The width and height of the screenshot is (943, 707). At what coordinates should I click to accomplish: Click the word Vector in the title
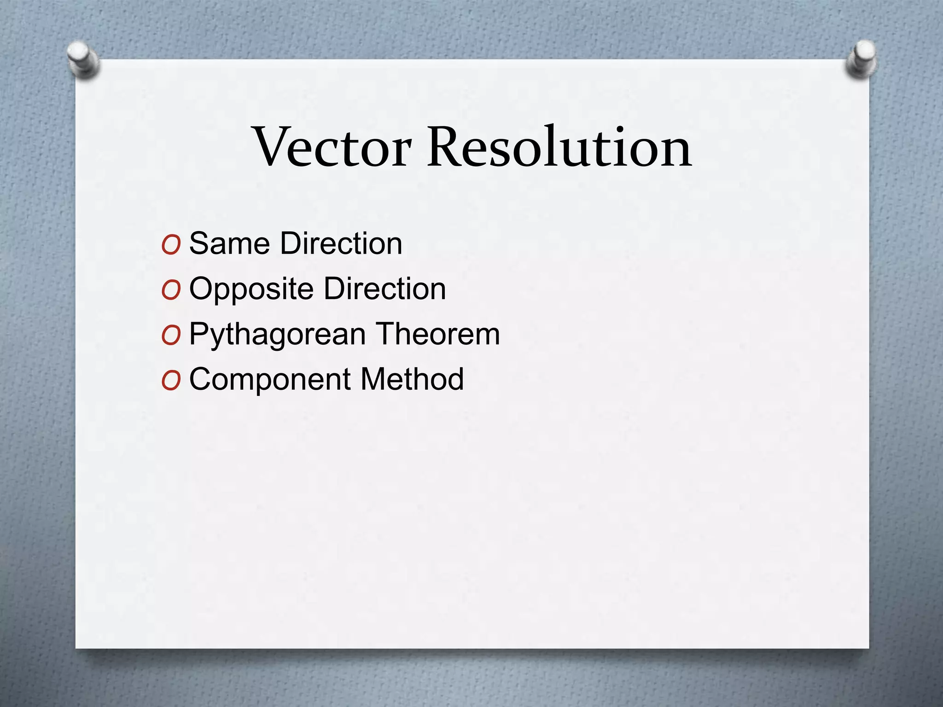(332, 147)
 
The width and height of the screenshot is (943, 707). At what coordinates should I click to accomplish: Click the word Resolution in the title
(559, 147)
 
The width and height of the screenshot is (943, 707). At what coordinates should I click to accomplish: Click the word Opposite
(251, 289)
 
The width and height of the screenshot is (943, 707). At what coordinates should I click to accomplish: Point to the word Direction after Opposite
(385, 289)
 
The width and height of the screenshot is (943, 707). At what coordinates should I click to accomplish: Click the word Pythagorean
(277, 335)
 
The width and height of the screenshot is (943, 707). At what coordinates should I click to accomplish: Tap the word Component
(270, 379)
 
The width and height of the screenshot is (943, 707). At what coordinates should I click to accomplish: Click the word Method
(412, 379)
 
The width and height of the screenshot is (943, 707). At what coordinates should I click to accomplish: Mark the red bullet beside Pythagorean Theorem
(171, 336)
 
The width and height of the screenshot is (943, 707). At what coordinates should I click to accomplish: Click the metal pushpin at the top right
(861, 58)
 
